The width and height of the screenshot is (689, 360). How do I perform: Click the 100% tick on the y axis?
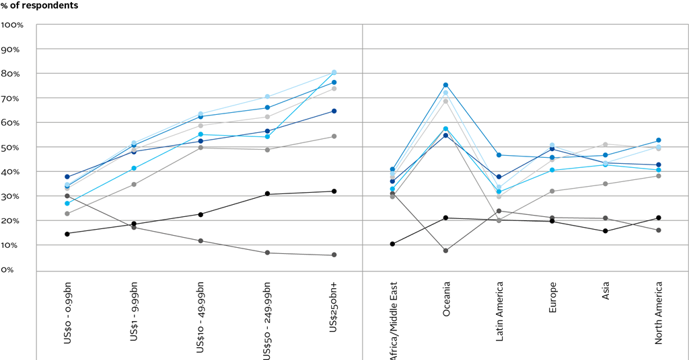click(x=13, y=25)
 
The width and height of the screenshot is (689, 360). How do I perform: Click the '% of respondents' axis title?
click(x=39, y=6)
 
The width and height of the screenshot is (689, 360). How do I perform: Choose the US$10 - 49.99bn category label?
click(x=201, y=316)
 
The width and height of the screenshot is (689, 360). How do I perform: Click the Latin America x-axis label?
click(x=499, y=312)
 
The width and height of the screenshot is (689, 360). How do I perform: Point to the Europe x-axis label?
click(x=552, y=297)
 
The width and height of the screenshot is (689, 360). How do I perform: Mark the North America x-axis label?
click(x=659, y=313)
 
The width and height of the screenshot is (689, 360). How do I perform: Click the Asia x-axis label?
click(x=606, y=292)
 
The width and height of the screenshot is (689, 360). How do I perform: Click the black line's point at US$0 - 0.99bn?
click(x=67, y=234)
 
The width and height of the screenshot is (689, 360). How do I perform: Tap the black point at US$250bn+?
click(x=334, y=191)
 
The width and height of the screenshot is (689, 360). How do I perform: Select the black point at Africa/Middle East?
click(x=392, y=244)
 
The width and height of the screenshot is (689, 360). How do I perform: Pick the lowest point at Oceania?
click(x=445, y=251)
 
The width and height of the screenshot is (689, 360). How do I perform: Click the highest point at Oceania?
click(x=445, y=85)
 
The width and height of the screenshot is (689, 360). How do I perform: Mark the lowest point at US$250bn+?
click(x=334, y=255)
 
